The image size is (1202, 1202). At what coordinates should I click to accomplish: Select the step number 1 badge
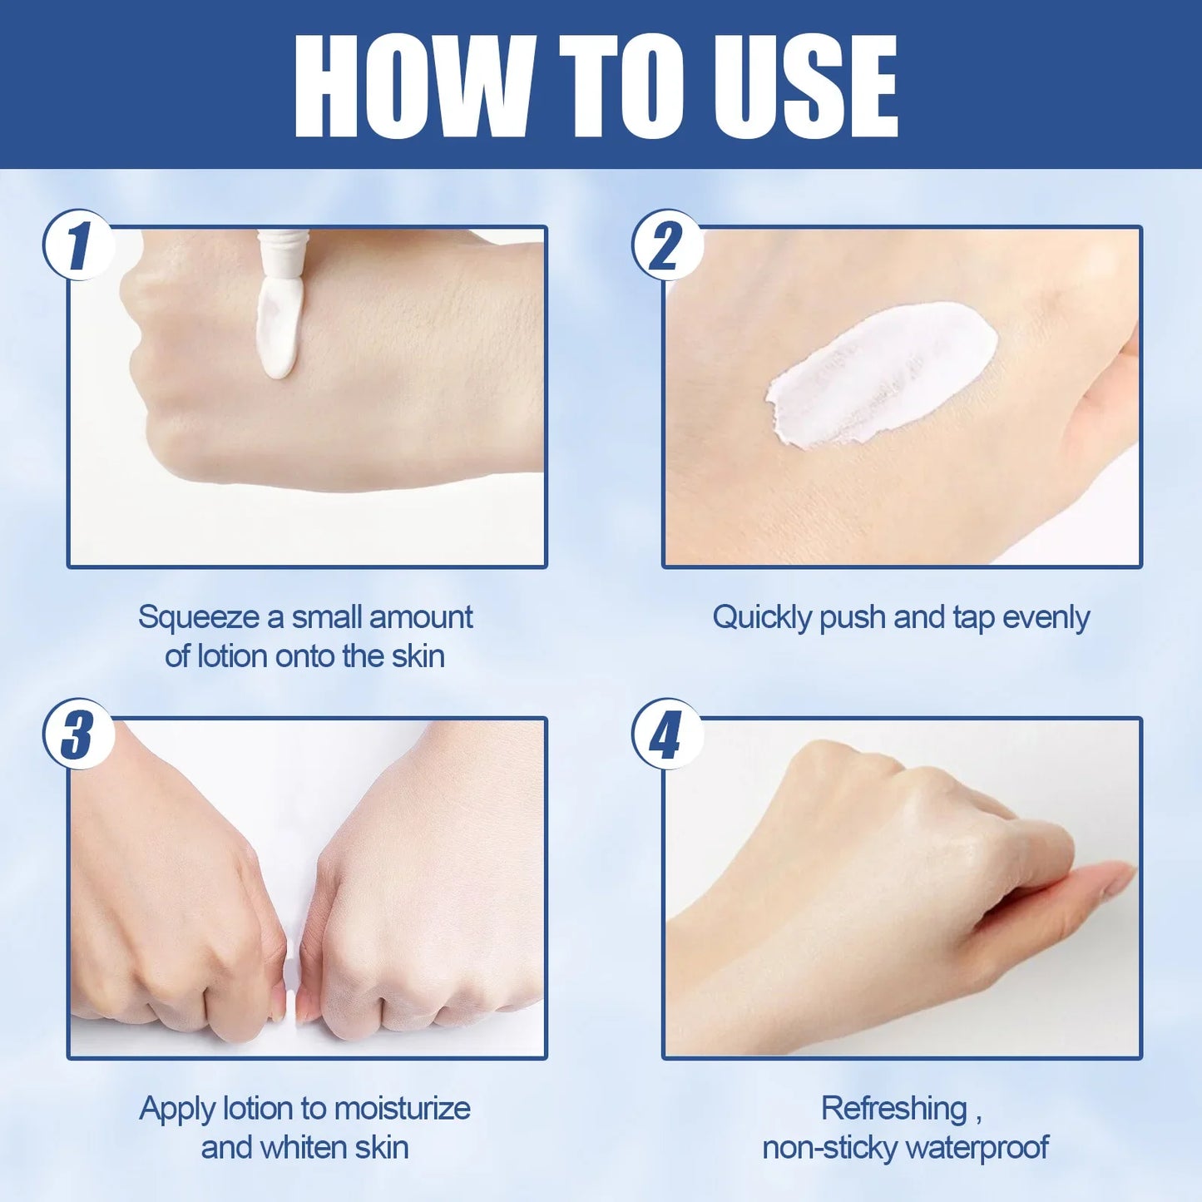tap(78, 245)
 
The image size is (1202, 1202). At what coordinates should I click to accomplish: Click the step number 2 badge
tap(667, 245)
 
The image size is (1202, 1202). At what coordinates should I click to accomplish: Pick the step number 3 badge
tap(78, 734)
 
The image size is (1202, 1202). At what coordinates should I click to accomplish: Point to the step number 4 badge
tap(667, 734)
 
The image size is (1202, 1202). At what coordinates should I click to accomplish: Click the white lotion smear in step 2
tap(881, 375)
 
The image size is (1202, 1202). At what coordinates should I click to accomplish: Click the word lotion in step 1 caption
tap(233, 657)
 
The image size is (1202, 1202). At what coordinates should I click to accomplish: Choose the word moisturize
tap(403, 1109)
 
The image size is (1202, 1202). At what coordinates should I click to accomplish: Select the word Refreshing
tap(894, 1109)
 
